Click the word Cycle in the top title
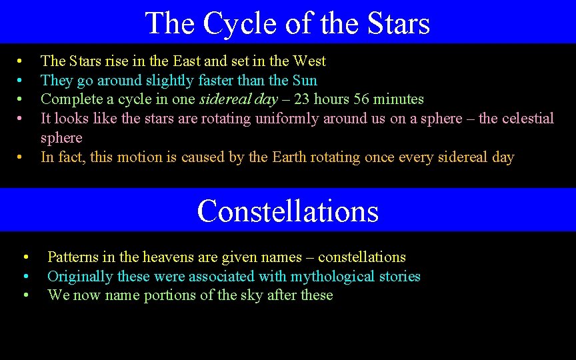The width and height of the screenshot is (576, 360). pyautogui.click(x=237, y=23)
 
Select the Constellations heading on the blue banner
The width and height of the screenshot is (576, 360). pyautogui.click(x=288, y=211)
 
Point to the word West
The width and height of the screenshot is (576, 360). pyautogui.click(x=308, y=61)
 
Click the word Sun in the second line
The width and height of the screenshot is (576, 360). pyautogui.click(x=305, y=81)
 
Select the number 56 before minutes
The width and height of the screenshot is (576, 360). pyautogui.click(x=357, y=99)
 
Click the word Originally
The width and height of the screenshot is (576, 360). pyautogui.click(x=79, y=277)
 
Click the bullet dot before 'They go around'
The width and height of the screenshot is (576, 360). pyautogui.click(x=21, y=81)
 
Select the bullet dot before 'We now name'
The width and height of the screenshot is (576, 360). pyautogui.click(x=25, y=296)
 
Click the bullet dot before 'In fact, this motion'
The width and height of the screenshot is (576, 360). pyautogui.click(x=21, y=158)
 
